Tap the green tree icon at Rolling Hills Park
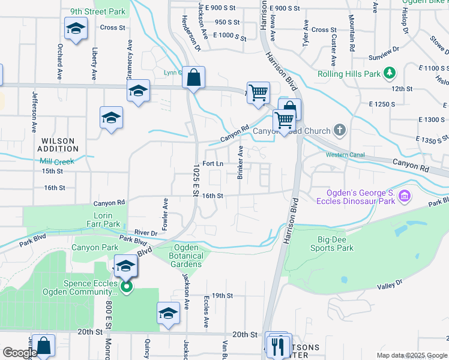pos(390,74)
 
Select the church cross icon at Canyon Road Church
pos(340,130)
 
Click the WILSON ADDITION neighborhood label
pos(58,145)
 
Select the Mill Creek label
pos(57,161)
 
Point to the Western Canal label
pos(345,155)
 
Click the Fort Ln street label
pos(213,164)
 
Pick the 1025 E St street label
pos(196,179)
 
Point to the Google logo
pos(19,353)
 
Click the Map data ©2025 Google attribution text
pos(411,355)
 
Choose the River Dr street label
pos(145,232)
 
